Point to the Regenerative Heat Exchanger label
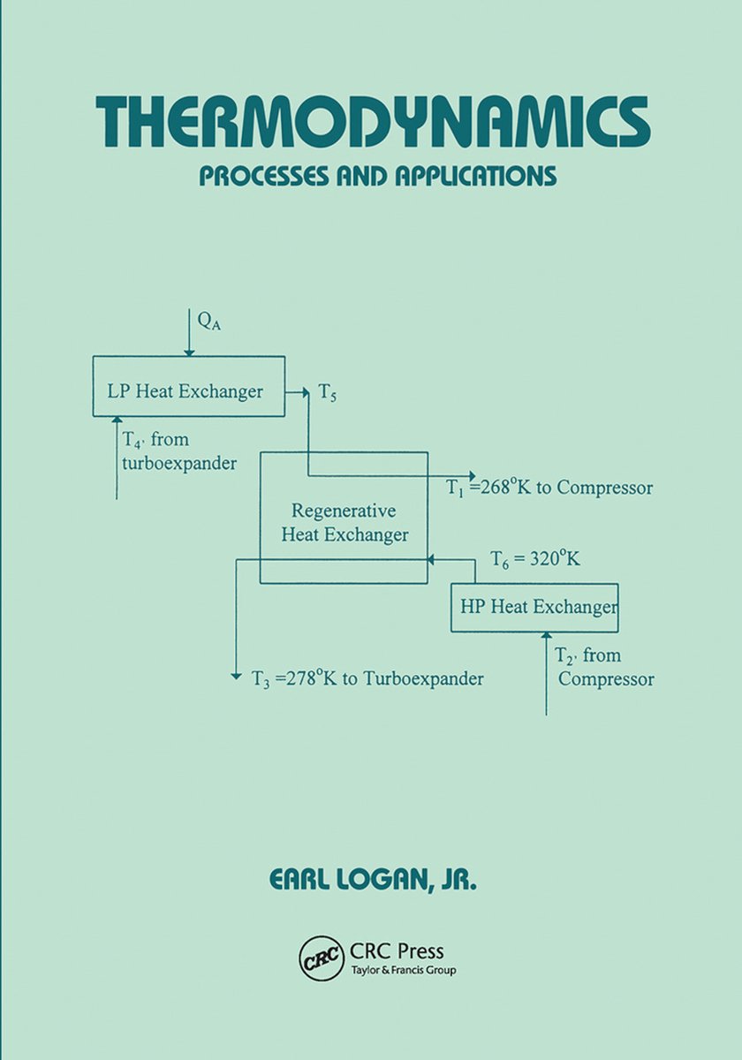pyautogui.click(x=344, y=523)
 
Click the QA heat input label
pyautogui.click(x=208, y=322)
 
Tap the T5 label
pyautogui.click(x=328, y=392)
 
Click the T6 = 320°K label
pyautogui.click(x=535, y=560)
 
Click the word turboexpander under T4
pyautogui.click(x=179, y=463)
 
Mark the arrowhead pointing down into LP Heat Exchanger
pyautogui.click(x=189, y=352)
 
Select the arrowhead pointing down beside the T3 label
pyautogui.click(x=236, y=677)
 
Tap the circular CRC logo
pyautogui.click(x=322, y=958)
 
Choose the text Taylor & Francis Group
pyautogui.click(x=404, y=971)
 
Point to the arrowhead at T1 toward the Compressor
pyautogui.click(x=473, y=475)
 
